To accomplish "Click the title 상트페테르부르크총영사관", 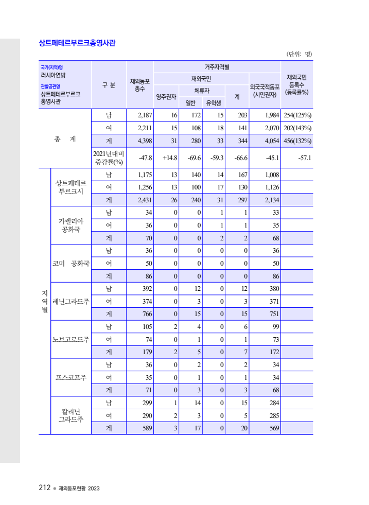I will tap(77, 43).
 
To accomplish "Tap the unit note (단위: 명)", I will tap(299, 54).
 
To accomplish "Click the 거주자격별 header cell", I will tap(217, 67).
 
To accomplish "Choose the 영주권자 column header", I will tap(166, 96).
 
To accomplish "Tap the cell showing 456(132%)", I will tap(297, 141).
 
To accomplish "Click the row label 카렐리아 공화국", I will tap(71, 225).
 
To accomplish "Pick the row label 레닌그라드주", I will tap(71, 301).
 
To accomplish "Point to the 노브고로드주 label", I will tap(71, 339).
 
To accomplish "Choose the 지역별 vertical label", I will tap(45, 301).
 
